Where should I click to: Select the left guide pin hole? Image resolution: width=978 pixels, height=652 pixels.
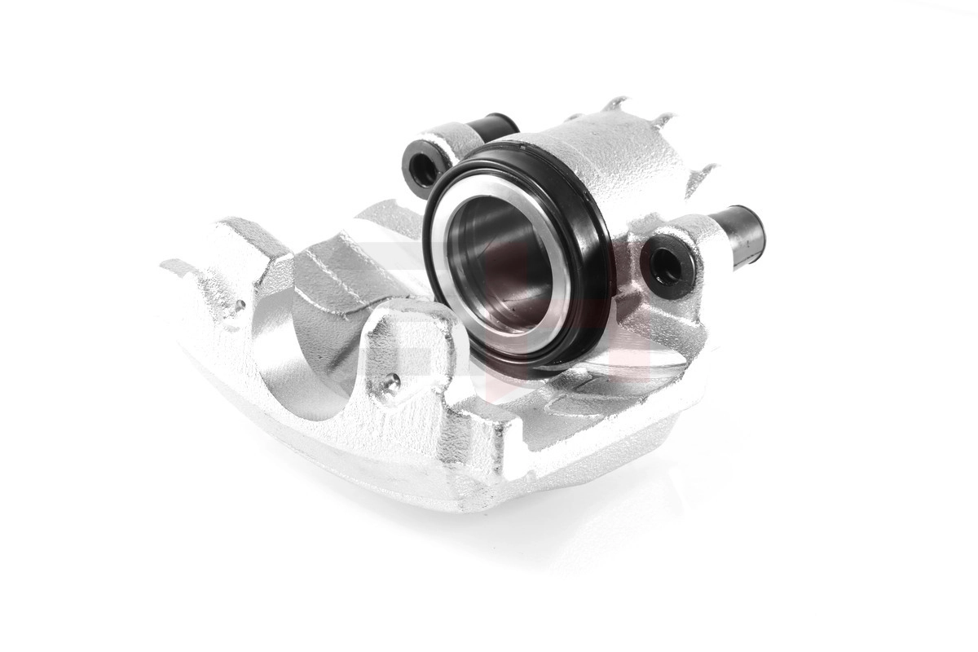tap(423, 168)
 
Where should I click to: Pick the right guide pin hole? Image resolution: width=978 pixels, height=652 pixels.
tap(667, 262)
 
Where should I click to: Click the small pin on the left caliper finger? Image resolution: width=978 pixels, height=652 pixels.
tap(241, 306)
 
